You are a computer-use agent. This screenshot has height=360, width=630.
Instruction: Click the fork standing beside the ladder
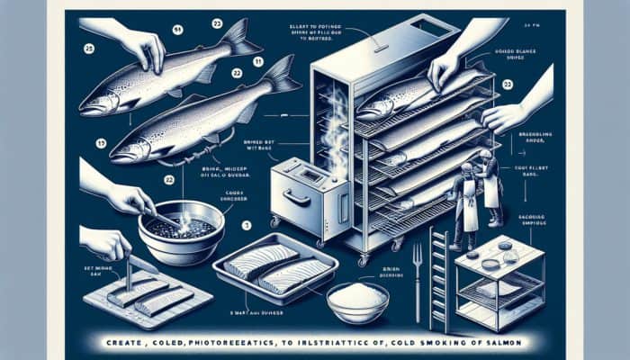click(417, 270)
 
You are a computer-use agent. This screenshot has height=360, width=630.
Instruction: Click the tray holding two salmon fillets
click(274, 271)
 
